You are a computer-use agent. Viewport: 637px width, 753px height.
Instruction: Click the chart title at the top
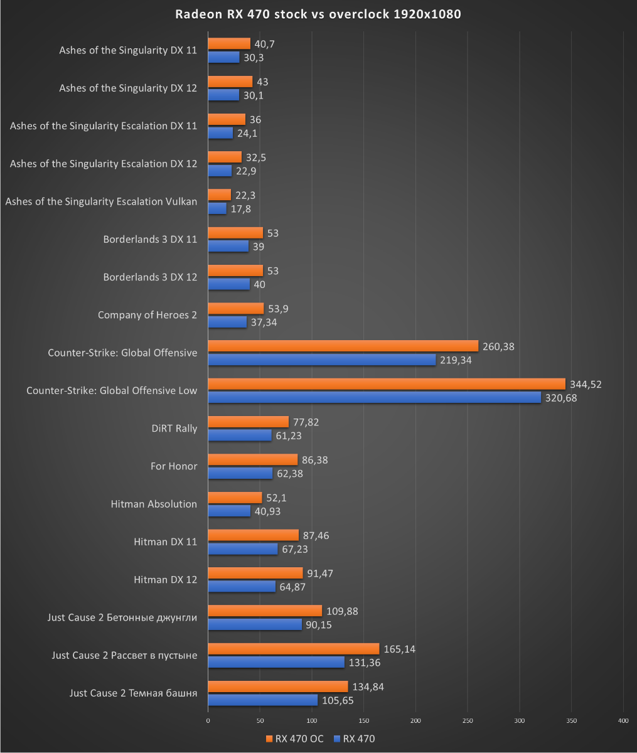click(x=318, y=14)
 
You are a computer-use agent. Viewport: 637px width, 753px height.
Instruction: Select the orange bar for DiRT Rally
click(x=248, y=422)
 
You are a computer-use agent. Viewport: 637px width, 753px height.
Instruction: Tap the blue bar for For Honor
click(x=240, y=473)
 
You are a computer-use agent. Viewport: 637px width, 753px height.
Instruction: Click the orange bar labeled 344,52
click(x=386, y=384)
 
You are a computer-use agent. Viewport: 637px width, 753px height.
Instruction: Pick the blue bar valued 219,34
click(x=321, y=360)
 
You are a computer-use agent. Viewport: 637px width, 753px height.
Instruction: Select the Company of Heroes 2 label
click(x=147, y=315)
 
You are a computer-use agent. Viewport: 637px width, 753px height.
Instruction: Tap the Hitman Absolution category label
click(x=154, y=504)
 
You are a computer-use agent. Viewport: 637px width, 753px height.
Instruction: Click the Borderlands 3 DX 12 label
click(x=150, y=277)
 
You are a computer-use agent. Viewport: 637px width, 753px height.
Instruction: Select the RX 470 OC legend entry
click(x=294, y=739)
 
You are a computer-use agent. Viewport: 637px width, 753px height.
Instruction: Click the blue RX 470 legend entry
click(x=355, y=739)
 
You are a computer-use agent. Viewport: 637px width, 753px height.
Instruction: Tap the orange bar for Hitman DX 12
click(x=255, y=573)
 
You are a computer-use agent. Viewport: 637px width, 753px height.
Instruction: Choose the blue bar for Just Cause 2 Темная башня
click(x=262, y=700)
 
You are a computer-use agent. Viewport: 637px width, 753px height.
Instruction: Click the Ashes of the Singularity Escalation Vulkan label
click(x=101, y=201)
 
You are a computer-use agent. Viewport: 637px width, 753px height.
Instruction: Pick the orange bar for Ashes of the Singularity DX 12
click(x=230, y=82)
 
